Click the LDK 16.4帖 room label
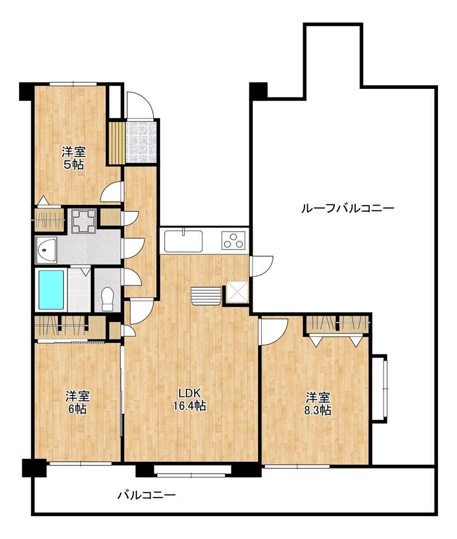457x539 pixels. [x=189, y=399]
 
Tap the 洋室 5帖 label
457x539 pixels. [x=73, y=158]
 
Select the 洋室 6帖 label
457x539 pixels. [x=78, y=403]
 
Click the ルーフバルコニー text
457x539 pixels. [x=347, y=208]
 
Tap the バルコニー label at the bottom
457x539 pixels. [x=147, y=495]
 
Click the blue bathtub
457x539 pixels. [x=51, y=290]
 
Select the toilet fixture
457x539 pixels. [x=107, y=298]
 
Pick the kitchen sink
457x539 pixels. [x=183, y=241]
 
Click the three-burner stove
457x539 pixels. [x=234, y=240]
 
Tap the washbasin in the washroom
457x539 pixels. [x=46, y=249]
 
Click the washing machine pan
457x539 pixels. [x=83, y=220]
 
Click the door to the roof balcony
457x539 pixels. [x=261, y=265]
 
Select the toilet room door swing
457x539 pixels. [x=132, y=277]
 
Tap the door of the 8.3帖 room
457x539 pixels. [x=273, y=332]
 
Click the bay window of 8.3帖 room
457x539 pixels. [x=380, y=388]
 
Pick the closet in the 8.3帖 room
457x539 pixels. [x=338, y=325]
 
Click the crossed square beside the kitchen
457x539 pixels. [x=237, y=292]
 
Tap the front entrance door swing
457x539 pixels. [x=140, y=105]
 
